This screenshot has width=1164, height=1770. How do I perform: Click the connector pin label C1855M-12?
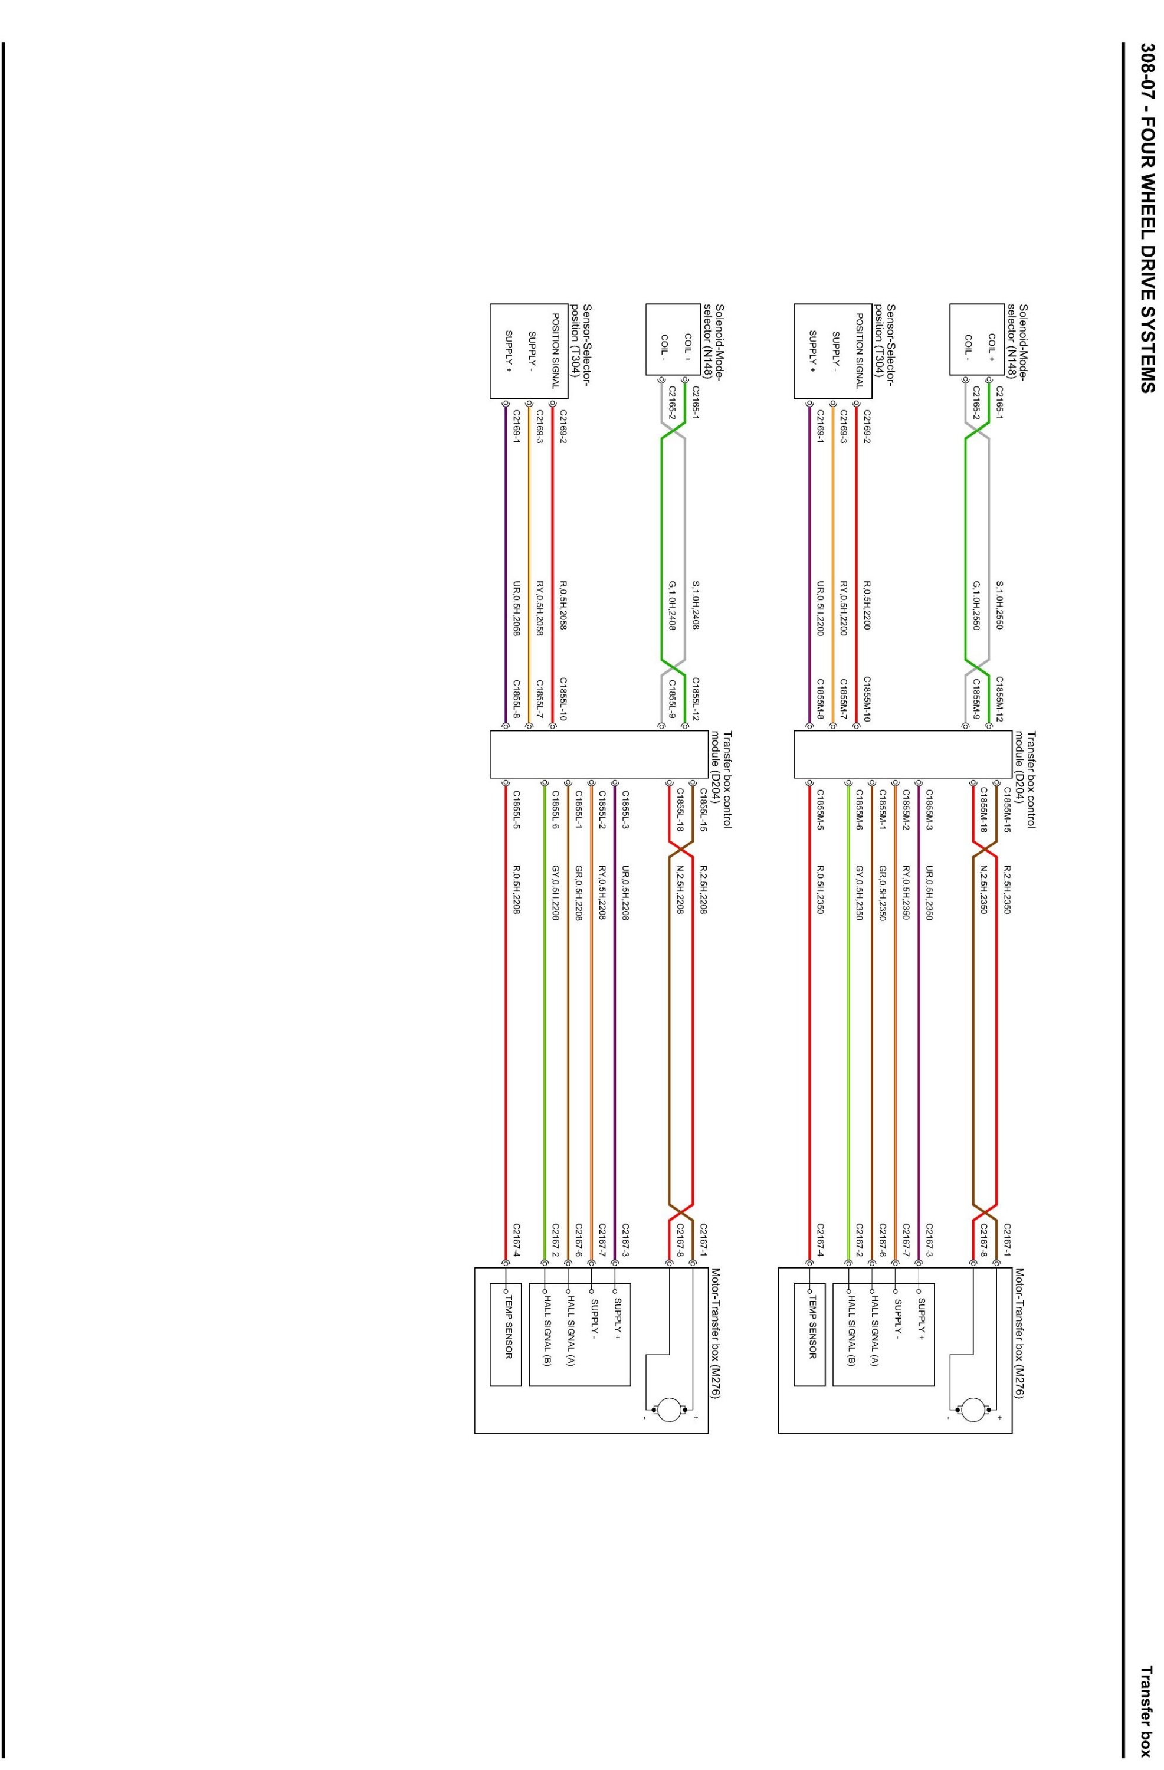pos(999,699)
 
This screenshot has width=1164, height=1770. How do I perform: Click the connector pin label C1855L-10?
pos(562,699)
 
